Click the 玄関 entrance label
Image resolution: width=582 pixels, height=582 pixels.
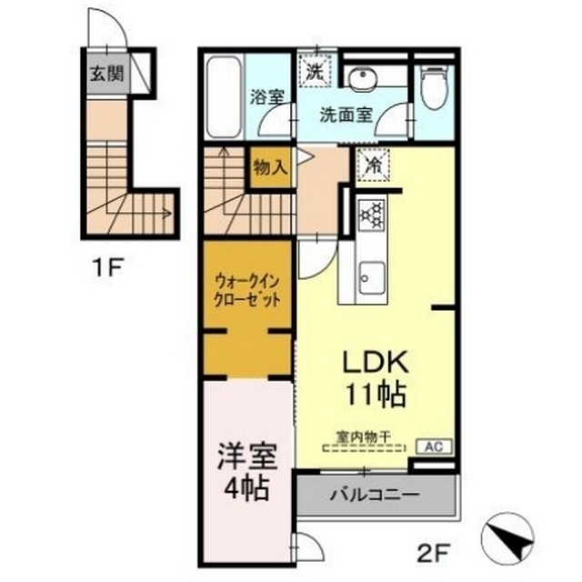coord(107,74)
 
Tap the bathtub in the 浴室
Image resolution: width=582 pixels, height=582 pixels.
coord(224,97)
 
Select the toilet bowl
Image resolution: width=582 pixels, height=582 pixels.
coord(435,87)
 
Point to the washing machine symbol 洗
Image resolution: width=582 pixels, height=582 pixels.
coord(315,72)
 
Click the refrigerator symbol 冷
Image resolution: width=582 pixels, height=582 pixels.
coord(373,165)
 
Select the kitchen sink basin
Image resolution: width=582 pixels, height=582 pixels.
coord(370,277)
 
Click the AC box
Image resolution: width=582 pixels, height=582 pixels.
coord(434,447)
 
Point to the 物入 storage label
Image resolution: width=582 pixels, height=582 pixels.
coord(270,167)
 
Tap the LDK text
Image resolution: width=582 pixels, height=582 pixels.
coord(375,362)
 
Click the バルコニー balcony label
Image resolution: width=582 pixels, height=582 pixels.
coord(376,495)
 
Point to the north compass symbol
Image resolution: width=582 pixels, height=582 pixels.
coord(507,538)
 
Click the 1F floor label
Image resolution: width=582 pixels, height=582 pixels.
coord(108,266)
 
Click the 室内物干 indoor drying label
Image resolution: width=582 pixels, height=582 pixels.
coord(364,436)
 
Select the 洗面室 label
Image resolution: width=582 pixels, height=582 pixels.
coord(346,115)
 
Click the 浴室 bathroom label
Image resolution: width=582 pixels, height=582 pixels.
coord(267,97)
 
